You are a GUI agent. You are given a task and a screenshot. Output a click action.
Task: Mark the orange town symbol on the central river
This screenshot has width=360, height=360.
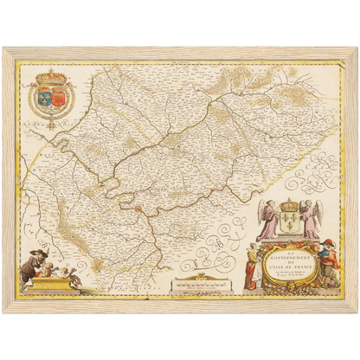[136, 207]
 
